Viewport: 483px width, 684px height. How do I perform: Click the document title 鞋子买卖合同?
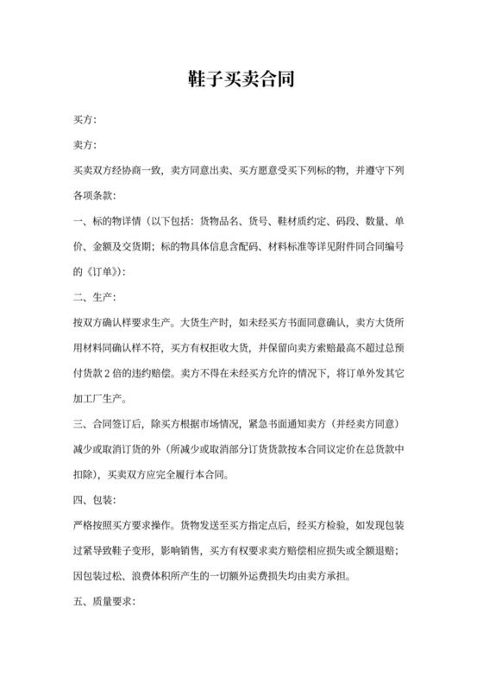[241, 80]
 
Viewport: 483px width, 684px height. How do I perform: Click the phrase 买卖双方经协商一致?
[116, 170]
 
